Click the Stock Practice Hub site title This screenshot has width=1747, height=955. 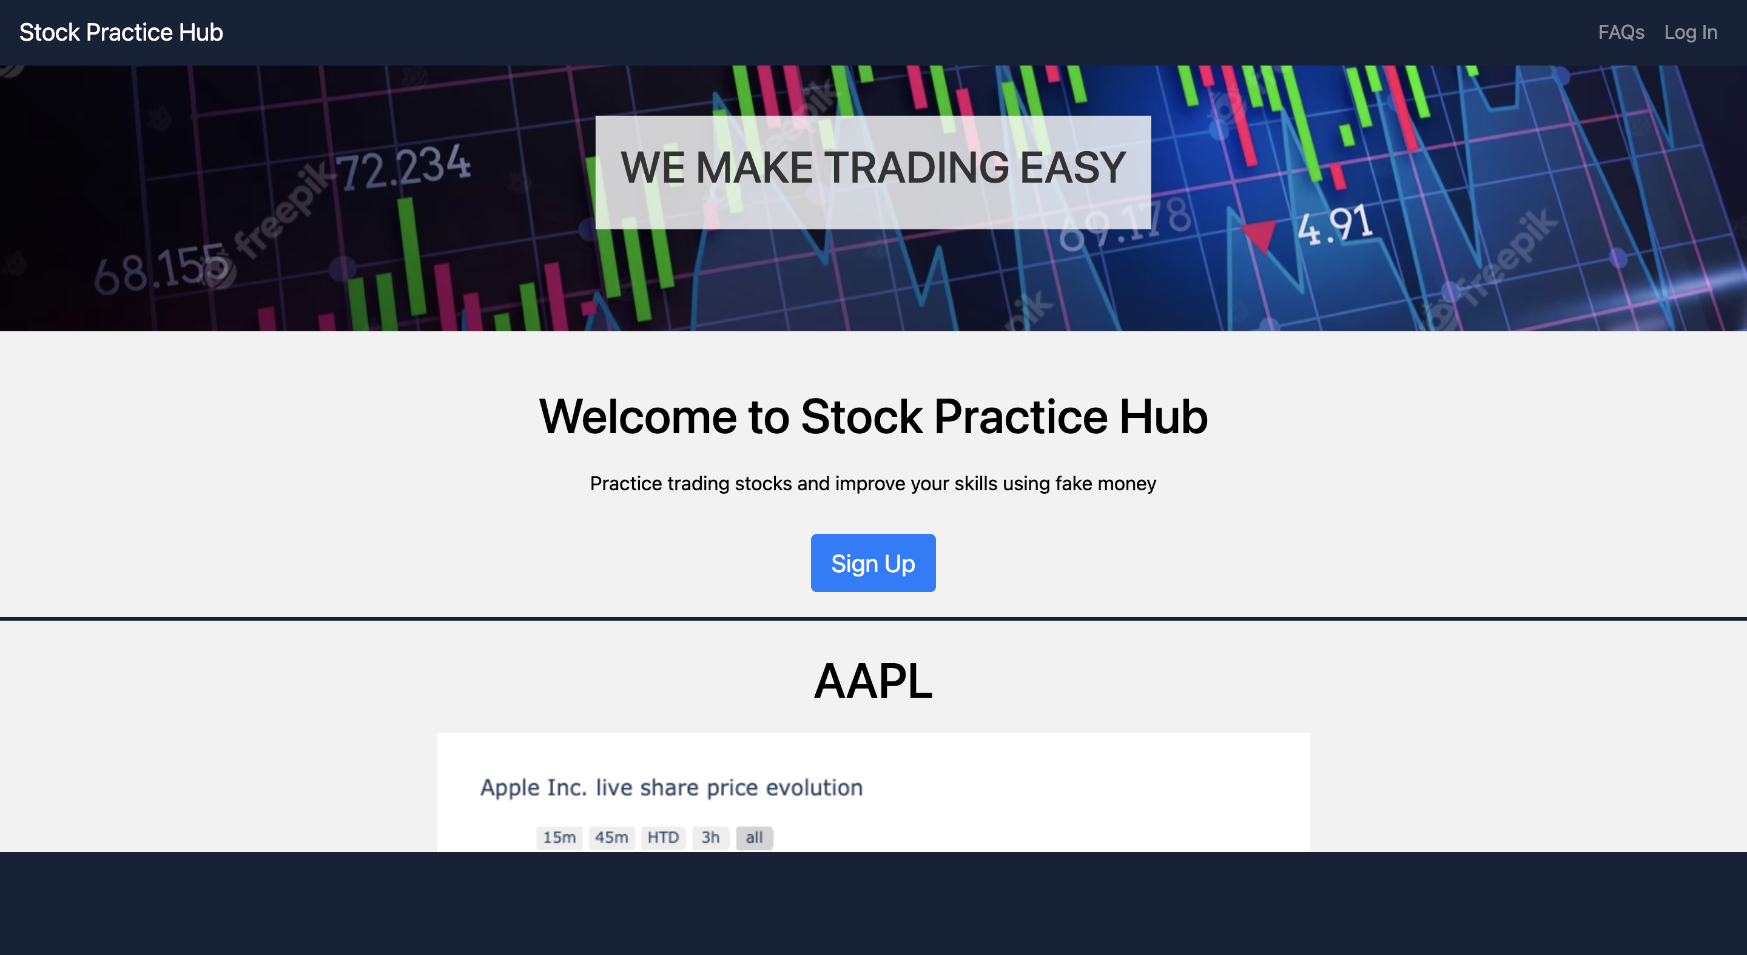(121, 33)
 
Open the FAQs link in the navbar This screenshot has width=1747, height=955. (1620, 33)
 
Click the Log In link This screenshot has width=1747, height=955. (1690, 33)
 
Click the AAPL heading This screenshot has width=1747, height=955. (873, 681)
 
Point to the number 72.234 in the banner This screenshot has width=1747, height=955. (403, 166)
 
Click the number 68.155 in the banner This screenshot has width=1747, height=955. (160, 270)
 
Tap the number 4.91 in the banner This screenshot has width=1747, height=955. (1335, 226)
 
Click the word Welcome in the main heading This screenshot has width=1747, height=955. (637, 416)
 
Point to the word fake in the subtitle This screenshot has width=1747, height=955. (1073, 484)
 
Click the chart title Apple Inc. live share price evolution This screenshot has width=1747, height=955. (671, 788)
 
